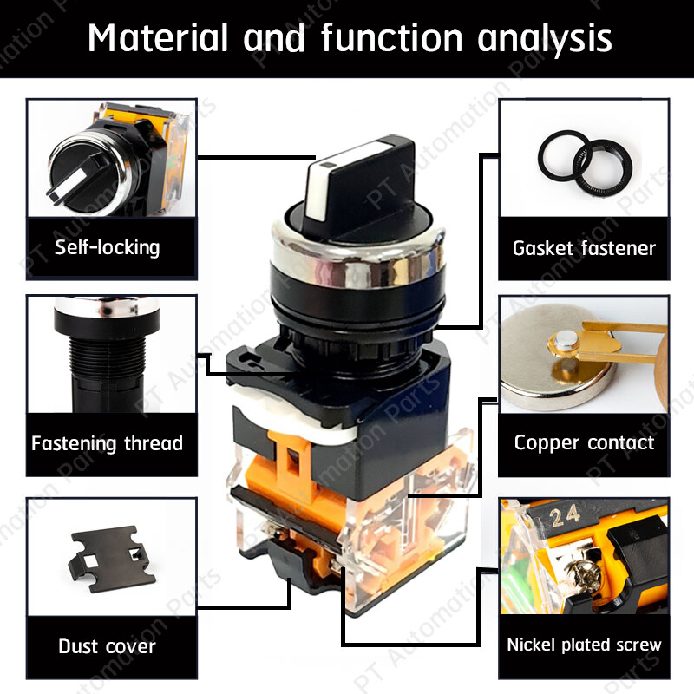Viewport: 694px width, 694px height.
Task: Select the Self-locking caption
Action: point(108,247)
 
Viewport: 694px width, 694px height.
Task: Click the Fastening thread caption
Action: point(108,443)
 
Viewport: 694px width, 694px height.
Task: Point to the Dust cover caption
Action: point(108,646)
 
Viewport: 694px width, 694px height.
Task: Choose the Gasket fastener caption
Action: point(584,248)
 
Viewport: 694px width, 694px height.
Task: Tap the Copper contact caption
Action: point(584,443)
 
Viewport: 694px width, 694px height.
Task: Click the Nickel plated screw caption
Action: point(584,645)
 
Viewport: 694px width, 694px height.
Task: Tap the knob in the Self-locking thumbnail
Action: point(74,173)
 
